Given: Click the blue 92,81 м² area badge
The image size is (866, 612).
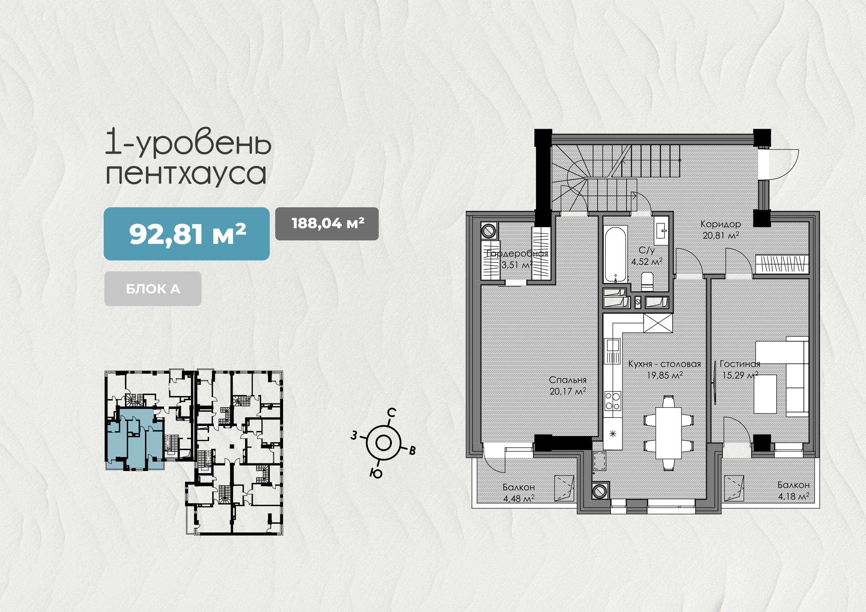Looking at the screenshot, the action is coord(186,234).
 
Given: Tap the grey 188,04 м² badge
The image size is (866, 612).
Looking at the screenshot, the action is coord(327,224).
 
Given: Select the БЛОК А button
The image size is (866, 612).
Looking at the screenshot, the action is coord(153,289).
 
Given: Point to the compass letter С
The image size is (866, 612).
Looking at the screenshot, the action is coord(392,412).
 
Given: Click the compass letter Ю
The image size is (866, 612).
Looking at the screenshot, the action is coord(376,473).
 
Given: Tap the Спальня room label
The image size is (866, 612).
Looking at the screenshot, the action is coord(568,380).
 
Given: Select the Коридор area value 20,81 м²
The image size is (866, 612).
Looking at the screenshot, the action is coord(720,236).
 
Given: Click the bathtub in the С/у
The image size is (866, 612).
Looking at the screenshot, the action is coord(615,254).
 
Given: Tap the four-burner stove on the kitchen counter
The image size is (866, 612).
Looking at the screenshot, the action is coord(612,401).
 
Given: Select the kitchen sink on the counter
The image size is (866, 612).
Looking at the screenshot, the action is coord(612,351).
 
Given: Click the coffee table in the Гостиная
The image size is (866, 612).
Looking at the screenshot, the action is coord(765,394).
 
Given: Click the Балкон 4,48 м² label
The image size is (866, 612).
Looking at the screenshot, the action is coord(519,493).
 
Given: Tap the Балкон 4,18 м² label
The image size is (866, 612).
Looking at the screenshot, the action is coord(794,491).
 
